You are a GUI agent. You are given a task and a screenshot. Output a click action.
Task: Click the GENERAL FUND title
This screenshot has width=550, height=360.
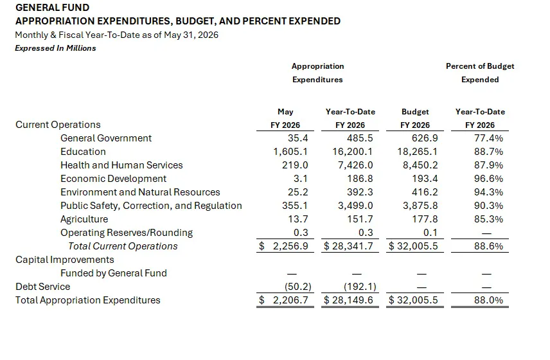pos(52,7)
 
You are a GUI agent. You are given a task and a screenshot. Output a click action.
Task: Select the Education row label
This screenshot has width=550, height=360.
pos(83,152)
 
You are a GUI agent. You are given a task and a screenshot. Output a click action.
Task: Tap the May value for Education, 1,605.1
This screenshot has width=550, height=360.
pos(290,152)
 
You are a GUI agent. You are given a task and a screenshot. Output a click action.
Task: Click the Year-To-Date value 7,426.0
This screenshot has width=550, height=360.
pos(355,165)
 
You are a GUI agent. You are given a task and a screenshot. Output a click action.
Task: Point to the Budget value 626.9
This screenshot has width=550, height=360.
pos(425,138)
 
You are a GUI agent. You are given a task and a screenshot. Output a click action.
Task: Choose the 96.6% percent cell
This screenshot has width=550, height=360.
pos(488,179)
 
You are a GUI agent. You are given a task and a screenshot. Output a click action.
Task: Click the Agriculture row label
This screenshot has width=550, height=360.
pos(84,219)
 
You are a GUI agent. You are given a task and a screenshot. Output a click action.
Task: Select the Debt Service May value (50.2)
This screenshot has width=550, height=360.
pos(297,287)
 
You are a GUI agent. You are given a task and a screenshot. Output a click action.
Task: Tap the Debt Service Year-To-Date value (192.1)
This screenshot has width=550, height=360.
pos(360,287)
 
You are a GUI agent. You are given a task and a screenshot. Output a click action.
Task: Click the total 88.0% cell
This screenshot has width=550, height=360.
pos(488,300)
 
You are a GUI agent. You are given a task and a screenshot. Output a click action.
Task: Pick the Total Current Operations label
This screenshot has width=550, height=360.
pos(123,246)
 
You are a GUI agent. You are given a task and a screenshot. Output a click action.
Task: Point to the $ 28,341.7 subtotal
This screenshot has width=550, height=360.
pos(348,246)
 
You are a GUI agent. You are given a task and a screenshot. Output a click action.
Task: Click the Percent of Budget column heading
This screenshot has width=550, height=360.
pos(480,66)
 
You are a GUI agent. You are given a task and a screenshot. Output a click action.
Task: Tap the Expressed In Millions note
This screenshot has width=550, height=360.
pos(55,48)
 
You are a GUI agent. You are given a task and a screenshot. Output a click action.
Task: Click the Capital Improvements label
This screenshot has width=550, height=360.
pos(65,260)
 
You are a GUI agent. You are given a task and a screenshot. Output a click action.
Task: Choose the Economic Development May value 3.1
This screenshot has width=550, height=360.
pos(301,179)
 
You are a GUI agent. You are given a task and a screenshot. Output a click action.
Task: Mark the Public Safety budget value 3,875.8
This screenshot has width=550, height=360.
pos(420,206)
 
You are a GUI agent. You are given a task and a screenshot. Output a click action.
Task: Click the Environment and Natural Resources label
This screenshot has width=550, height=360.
pos(140,192)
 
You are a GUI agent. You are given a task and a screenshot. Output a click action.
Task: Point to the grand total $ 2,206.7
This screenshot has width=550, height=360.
pos(283,300)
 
